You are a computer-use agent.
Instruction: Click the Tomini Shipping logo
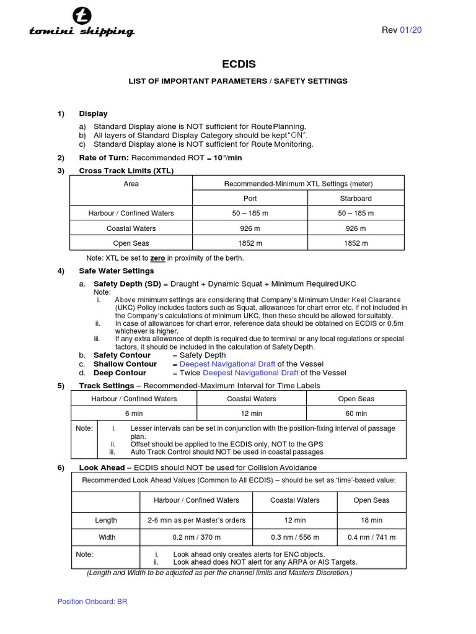click(x=81, y=24)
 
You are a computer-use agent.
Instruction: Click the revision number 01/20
click(x=412, y=30)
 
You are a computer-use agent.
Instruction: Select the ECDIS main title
click(x=237, y=64)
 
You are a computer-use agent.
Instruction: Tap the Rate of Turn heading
click(x=104, y=158)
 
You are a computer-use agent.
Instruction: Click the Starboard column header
click(x=355, y=199)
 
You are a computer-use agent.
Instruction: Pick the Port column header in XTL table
click(x=250, y=199)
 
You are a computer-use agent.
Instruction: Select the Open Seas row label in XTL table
click(x=131, y=243)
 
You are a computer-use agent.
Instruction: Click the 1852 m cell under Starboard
click(x=355, y=243)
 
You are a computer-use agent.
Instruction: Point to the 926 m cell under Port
click(x=250, y=228)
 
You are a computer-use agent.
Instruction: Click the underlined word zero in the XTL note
click(x=157, y=258)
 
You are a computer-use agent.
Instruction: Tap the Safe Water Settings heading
click(x=117, y=271)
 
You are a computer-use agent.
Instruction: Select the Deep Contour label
click(x=120, y=373)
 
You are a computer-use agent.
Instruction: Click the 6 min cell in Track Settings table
click(x=134, y=414)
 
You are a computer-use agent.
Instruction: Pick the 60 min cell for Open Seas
click(x=356, y=414)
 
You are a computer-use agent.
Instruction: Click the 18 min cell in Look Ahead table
click(x=371, y=521)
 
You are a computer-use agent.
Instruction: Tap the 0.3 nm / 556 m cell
click(x=295, y=537)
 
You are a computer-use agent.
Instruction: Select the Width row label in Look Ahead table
click(x=105, y=537)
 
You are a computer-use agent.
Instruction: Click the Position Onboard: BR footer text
click(x=92, y=601)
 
